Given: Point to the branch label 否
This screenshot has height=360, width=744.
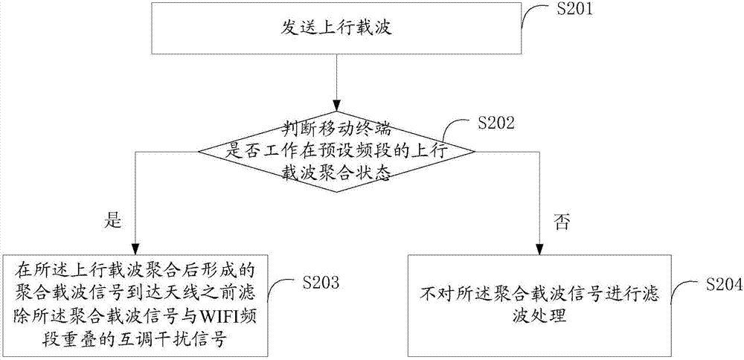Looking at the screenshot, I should [x=561, y=222].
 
